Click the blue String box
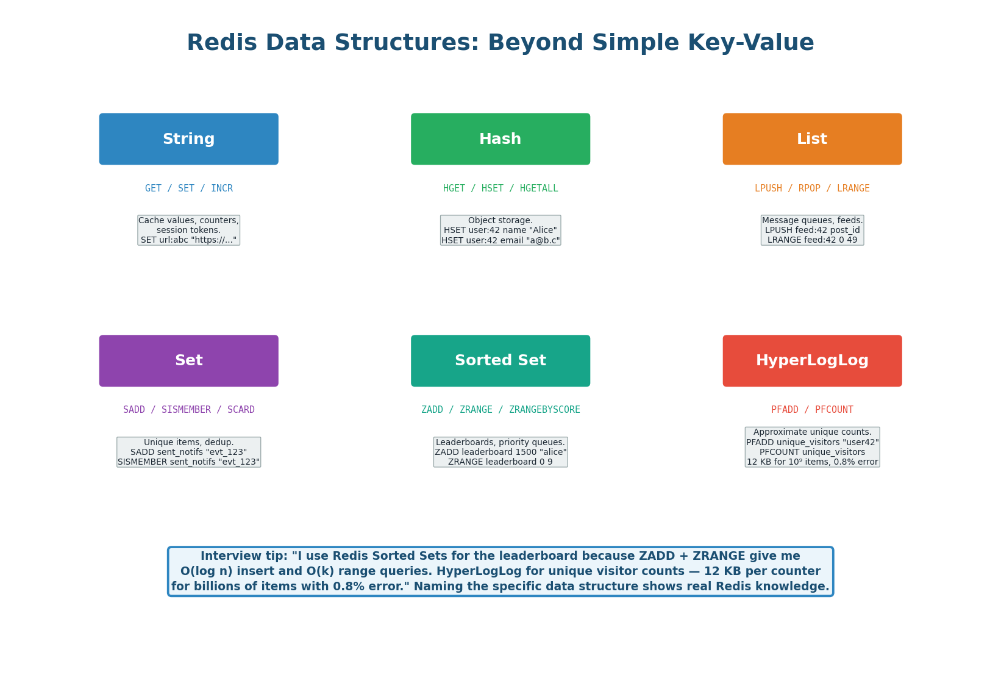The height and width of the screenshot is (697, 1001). click(x=188, y=139)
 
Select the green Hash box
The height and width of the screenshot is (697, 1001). click(x=500, y=139)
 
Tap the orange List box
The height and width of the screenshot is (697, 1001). click(x=812, y=139)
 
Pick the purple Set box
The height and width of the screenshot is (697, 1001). click(x=188, y=360)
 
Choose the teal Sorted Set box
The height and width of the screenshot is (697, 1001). click(x=500, y=360)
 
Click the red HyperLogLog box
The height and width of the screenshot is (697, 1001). click(x=812, y=360)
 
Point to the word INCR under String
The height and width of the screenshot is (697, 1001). click(x=222, y=188)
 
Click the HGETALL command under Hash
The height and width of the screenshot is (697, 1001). click(x=539, y=188)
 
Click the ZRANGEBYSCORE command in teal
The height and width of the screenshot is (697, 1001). click(x=542, y=410)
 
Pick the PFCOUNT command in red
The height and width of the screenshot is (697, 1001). click(x=834, y=410)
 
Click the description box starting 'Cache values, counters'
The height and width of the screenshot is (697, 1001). click(x=188, y=231)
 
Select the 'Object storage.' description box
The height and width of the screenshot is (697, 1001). click(x=500, y=231)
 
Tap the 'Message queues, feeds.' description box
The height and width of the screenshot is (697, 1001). click(x=812, y=231)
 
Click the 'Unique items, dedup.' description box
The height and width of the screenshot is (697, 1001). click(x=188, y=452)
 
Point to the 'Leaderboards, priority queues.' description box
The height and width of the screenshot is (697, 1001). click(x=500, y=452)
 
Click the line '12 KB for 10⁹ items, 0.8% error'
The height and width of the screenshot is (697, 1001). click(x=812, y=462)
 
